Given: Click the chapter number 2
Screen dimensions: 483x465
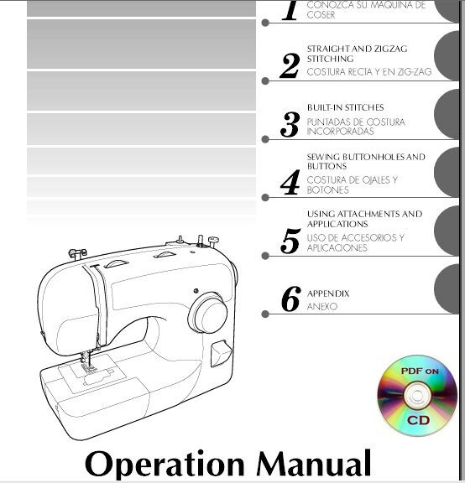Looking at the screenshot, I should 290,65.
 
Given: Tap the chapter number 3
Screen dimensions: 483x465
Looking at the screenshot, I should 290,125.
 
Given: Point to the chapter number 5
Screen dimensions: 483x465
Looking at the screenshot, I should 290,241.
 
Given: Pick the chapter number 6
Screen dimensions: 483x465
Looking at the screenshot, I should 290,299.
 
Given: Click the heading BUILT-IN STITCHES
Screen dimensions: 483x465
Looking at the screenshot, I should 345,108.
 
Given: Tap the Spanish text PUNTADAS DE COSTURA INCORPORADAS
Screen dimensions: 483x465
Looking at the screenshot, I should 355,127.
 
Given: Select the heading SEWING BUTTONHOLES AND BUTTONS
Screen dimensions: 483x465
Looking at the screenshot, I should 365,161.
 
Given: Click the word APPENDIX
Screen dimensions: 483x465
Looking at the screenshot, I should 328,293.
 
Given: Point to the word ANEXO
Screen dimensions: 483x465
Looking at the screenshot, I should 321,307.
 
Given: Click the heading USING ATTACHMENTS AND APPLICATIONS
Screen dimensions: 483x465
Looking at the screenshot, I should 364,219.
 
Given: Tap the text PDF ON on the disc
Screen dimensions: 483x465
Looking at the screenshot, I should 420,370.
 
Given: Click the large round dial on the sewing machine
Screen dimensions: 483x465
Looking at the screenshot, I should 206,313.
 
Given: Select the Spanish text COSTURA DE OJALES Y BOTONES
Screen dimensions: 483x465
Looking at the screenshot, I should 352,184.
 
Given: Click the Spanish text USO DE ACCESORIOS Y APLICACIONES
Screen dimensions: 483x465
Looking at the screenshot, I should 355,242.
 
